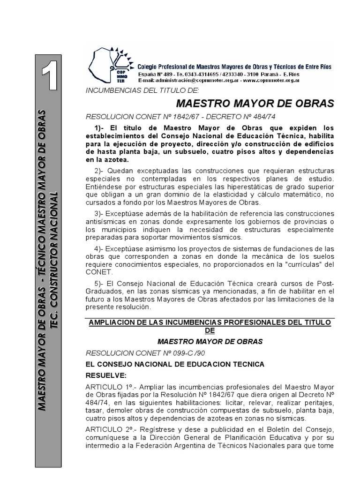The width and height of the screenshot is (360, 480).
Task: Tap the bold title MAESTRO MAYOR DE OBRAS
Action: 255,103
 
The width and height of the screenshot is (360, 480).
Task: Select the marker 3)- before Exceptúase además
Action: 100,214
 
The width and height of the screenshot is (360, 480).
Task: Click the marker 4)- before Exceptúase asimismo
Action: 100,248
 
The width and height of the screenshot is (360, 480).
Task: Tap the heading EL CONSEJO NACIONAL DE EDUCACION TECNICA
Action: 175,364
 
